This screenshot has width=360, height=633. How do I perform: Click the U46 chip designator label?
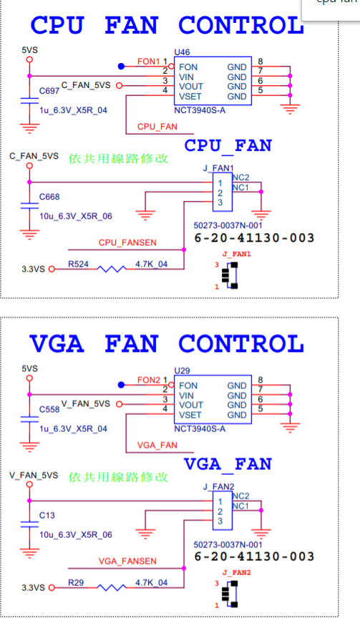pos(182,52)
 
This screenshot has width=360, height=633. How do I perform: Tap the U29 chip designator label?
pos(182,371)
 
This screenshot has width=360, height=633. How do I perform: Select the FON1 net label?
pos(149,62)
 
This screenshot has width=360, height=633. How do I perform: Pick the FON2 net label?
pos(149,380)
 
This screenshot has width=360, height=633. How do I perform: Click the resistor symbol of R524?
pos(112,269)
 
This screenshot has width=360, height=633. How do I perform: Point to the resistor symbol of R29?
pos(112,587)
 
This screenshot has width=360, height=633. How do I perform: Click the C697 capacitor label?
pos(49,91)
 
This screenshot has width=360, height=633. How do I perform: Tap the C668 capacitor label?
pos(49,197)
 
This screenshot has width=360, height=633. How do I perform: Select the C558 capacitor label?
pos(49,409)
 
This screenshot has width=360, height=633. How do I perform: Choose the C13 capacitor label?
pos(47,516)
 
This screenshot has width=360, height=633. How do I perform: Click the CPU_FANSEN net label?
pos(127,242)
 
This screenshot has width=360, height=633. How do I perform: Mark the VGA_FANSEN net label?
pos(127,561)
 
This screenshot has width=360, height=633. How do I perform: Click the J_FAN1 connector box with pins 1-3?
pos(223,192)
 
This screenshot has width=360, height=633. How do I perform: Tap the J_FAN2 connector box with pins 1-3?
pos(223,510)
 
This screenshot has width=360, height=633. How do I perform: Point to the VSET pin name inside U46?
pos(190,97)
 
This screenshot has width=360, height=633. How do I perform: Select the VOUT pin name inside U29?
pos(191,405)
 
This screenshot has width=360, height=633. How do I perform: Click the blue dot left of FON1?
pos(121,67)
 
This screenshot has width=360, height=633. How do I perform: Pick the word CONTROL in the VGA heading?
pos(241,344)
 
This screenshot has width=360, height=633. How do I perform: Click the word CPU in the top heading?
pos(57,25)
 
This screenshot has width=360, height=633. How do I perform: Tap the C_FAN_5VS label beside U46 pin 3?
pos(86,85)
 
